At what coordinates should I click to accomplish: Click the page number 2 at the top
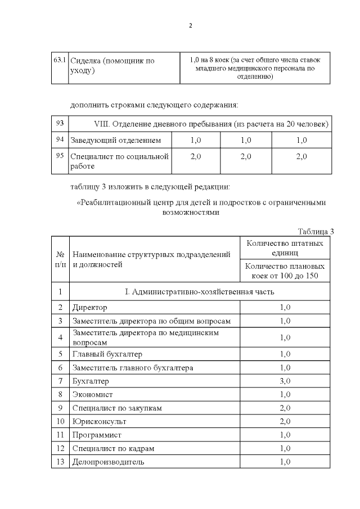coord(191,26)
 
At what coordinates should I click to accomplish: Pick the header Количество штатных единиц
coord(285,248)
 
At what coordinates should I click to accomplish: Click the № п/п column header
coord(60,259)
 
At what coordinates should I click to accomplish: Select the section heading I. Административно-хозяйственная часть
coord(199,291)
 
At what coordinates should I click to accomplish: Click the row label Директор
coord(89,307)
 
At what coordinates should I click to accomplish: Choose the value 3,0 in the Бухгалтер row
coord(285,381)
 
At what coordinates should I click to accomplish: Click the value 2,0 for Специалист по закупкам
coord(285,408)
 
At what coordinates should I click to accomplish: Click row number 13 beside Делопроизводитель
coord(60,462)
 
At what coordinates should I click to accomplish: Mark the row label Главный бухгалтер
coord(107,354)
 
